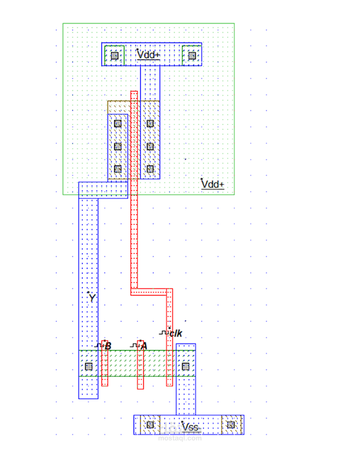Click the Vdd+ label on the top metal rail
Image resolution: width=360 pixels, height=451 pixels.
149,55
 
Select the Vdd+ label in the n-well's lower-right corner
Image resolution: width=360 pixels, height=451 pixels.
212,184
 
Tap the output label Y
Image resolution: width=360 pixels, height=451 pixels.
92,298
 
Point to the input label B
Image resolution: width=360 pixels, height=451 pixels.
107,346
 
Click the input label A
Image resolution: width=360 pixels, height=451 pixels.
143,346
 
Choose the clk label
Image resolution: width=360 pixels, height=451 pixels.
175,333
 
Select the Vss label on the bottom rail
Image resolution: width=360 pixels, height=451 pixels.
190,427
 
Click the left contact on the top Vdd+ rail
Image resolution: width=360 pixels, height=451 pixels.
114,56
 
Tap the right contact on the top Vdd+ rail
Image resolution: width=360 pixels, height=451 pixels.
192,56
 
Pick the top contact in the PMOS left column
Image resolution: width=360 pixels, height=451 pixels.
118,123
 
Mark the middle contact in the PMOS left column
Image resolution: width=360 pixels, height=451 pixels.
118,146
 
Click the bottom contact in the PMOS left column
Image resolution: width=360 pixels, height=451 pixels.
118,169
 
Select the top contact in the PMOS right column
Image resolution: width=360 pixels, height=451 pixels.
150,123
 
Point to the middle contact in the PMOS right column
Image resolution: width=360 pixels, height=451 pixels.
150,146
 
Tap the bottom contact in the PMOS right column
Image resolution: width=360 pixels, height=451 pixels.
150,169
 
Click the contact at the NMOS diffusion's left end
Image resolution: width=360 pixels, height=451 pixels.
89,366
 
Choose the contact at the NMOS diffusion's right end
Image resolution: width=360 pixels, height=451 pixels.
186,366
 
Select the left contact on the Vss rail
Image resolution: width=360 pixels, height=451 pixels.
149,425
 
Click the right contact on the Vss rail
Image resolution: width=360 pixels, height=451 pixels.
231,425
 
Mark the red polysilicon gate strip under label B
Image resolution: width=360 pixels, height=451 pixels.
105,370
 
